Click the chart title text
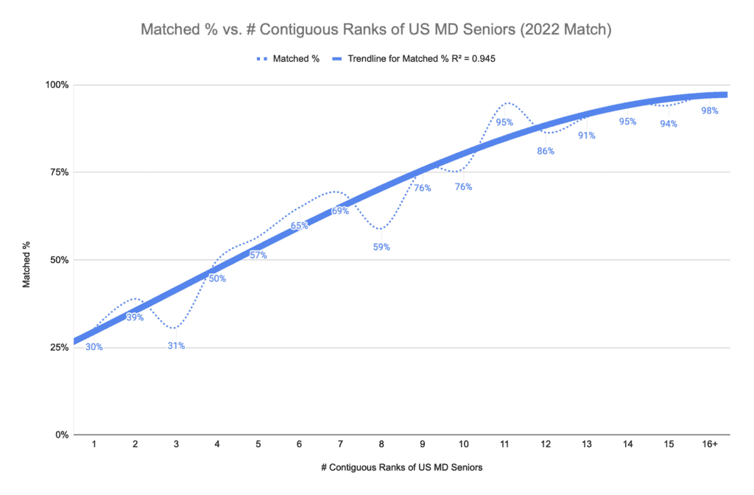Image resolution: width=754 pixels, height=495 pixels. coord(376,32)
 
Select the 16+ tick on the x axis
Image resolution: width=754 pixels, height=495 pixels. coord(710,446)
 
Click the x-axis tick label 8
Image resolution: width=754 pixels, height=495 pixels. coord(381,446)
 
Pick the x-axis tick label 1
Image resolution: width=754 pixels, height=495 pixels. coord(94,446)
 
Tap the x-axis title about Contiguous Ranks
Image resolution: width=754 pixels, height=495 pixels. coord(401,467)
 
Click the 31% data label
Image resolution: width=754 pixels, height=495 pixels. coord(176,345)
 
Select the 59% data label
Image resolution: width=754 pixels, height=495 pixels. coord(381,248)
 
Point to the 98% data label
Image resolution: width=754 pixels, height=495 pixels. coord(710,111)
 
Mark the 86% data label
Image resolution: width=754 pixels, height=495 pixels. coord(546,151)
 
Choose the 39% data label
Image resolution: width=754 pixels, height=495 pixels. coord(135,317)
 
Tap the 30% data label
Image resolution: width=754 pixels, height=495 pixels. coord(94,347)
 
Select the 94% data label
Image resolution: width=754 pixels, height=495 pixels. coord(669,124)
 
